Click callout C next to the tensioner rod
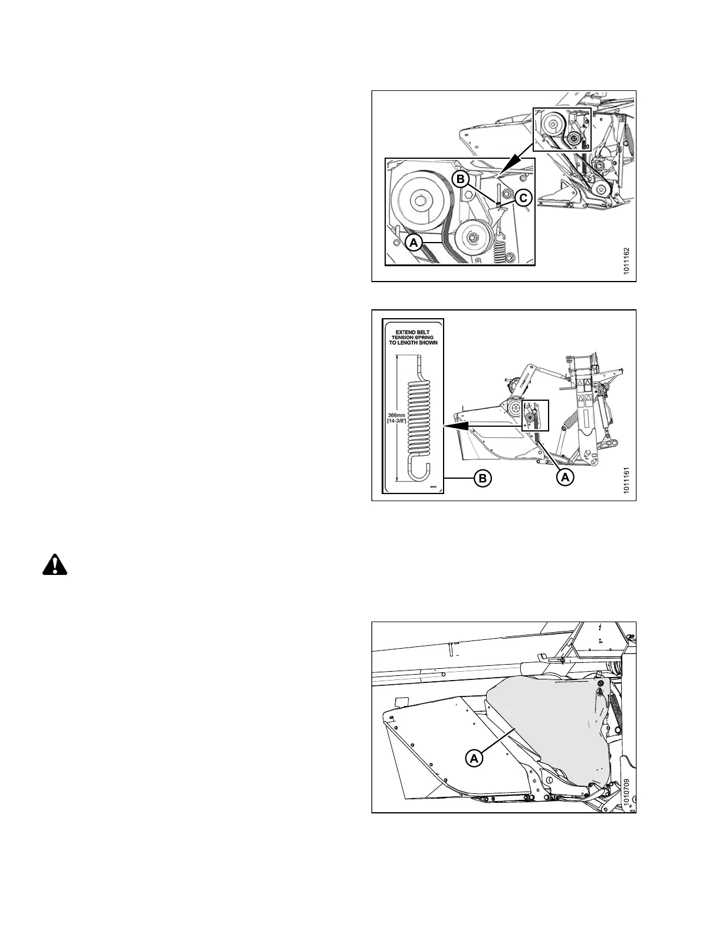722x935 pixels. [523, 198]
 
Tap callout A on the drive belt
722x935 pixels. [414, 242]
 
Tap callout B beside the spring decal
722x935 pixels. [483, 479]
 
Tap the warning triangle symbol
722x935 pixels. [55, 565]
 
